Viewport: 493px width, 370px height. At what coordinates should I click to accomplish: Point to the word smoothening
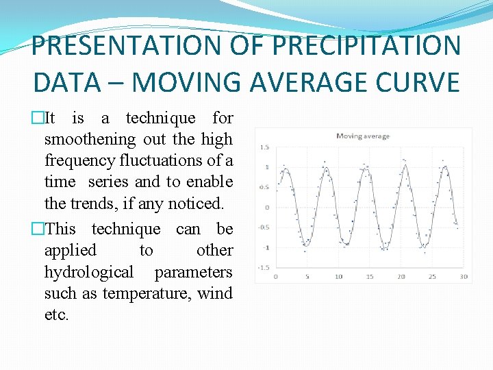(x=90, y=139)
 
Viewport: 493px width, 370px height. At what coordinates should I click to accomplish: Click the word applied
(x=70, y=250)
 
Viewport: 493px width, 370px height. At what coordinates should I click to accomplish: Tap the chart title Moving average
(x=363, y=136)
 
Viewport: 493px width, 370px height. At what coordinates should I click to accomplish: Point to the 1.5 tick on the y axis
(x=264, y=147)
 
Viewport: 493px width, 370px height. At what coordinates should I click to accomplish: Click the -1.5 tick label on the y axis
(x=263, y=268)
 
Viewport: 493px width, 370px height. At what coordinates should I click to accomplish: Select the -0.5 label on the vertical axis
(x=263, y=227)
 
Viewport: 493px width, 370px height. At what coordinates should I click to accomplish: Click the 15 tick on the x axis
(x=370, y=277)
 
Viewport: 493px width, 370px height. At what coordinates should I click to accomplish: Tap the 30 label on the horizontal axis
(x=464, y=277)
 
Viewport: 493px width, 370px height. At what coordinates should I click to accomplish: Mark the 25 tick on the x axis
(x=432, y=277)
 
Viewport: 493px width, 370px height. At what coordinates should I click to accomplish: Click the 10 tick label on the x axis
(x=338, y=277)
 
